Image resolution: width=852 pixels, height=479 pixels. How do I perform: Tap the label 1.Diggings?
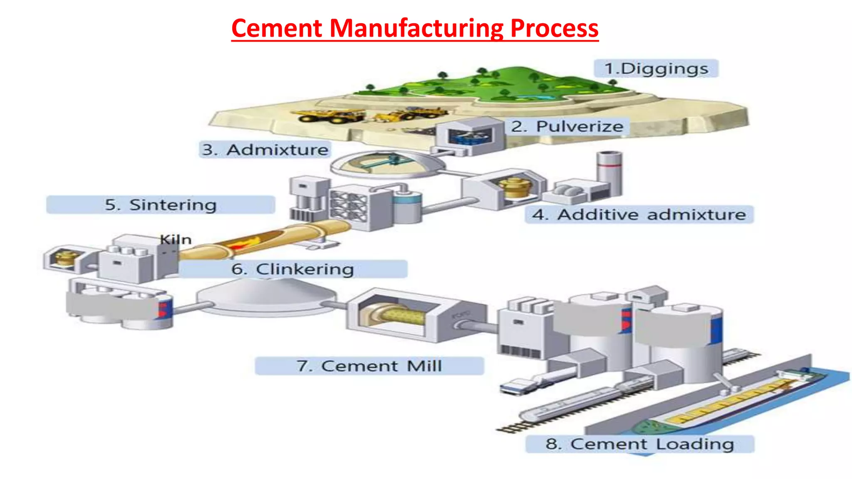tap(656, 69)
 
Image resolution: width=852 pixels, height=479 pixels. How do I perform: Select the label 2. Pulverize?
tap(567, 126)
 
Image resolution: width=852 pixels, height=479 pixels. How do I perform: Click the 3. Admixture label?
tap(265, 150)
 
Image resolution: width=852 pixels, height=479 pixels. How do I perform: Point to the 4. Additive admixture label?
tap(639, 215)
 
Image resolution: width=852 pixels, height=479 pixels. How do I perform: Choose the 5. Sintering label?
tap(161, 205)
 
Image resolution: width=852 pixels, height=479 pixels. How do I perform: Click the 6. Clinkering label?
tap(293, 269)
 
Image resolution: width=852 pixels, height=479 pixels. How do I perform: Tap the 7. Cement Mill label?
tap(369, 366)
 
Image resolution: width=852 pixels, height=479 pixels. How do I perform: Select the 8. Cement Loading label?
tap(640, 444)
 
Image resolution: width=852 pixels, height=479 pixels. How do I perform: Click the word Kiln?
tap(176, 239)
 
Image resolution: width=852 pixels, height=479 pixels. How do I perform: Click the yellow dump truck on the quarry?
tap(329, 116)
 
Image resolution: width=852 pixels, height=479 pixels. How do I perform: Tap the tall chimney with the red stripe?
tap(609, 173)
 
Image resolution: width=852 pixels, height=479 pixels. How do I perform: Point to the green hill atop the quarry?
tap(491, 83)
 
